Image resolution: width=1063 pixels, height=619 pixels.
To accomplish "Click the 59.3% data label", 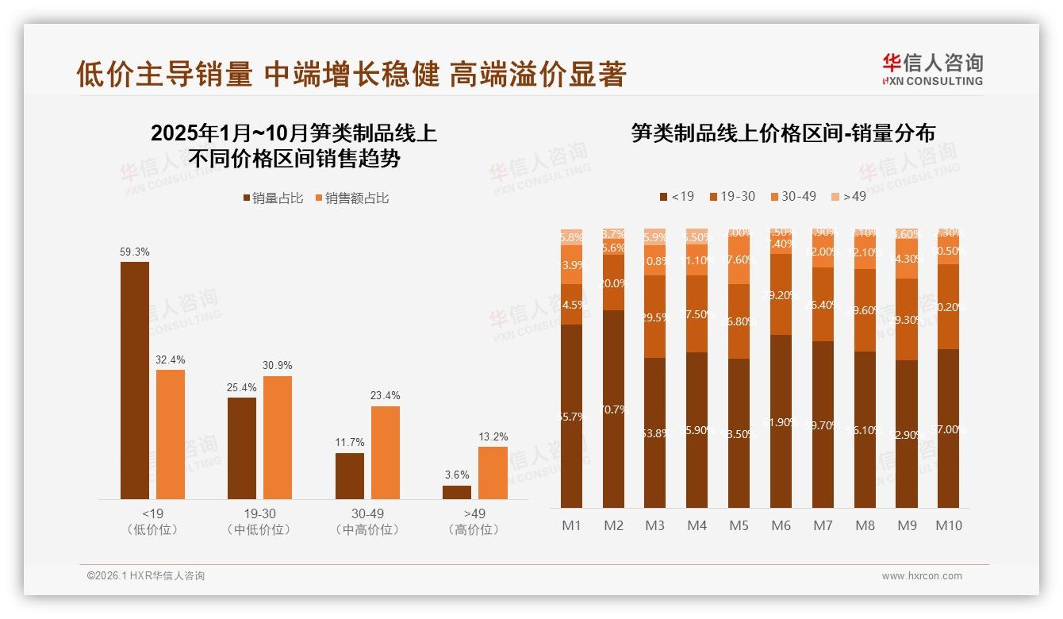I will coord(135,252).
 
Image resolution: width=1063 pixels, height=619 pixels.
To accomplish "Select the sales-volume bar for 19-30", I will coord(242,448).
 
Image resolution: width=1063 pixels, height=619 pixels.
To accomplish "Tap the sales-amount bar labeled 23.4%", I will coord(386,452).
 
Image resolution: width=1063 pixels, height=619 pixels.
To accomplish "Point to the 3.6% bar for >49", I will coord(457,492).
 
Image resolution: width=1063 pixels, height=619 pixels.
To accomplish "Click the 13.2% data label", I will coord(493,436).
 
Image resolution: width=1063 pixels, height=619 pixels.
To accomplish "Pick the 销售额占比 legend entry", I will coord(352,198).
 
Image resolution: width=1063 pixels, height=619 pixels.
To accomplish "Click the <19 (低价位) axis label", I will coord(152,521).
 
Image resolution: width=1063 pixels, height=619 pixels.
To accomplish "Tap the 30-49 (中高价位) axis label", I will coord(367,521).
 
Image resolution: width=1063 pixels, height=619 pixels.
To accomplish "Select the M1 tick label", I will coord(571,525).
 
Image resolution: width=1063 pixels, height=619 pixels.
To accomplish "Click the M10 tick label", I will coord(948,525).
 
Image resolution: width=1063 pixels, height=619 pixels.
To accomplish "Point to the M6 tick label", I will coord(781,525).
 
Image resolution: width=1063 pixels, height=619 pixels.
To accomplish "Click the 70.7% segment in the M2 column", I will coord(613,409).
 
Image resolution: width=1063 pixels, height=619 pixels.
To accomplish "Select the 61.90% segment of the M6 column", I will coord(781,421).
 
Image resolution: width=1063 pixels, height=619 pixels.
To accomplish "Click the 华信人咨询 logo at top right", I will coord(932,69).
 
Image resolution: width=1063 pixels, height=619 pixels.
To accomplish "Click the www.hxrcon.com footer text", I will coord(922,576).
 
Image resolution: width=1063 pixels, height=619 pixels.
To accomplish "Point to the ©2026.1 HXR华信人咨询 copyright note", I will coord(146,576).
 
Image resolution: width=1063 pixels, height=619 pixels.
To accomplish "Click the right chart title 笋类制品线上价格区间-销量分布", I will coord(783,133).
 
